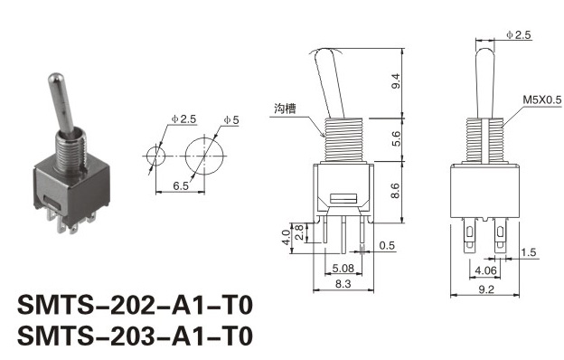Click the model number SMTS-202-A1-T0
coord(136,306)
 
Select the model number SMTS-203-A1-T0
coord(136,336)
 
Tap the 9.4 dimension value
coord(396,81)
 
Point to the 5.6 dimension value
coord(396,138)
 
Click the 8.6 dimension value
coord(395,191)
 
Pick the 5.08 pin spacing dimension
coord(343,269)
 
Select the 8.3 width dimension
coord(343,284)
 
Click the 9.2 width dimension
coord(486,289)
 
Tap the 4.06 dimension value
coord(485,270)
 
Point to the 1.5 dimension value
coord(529,252)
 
